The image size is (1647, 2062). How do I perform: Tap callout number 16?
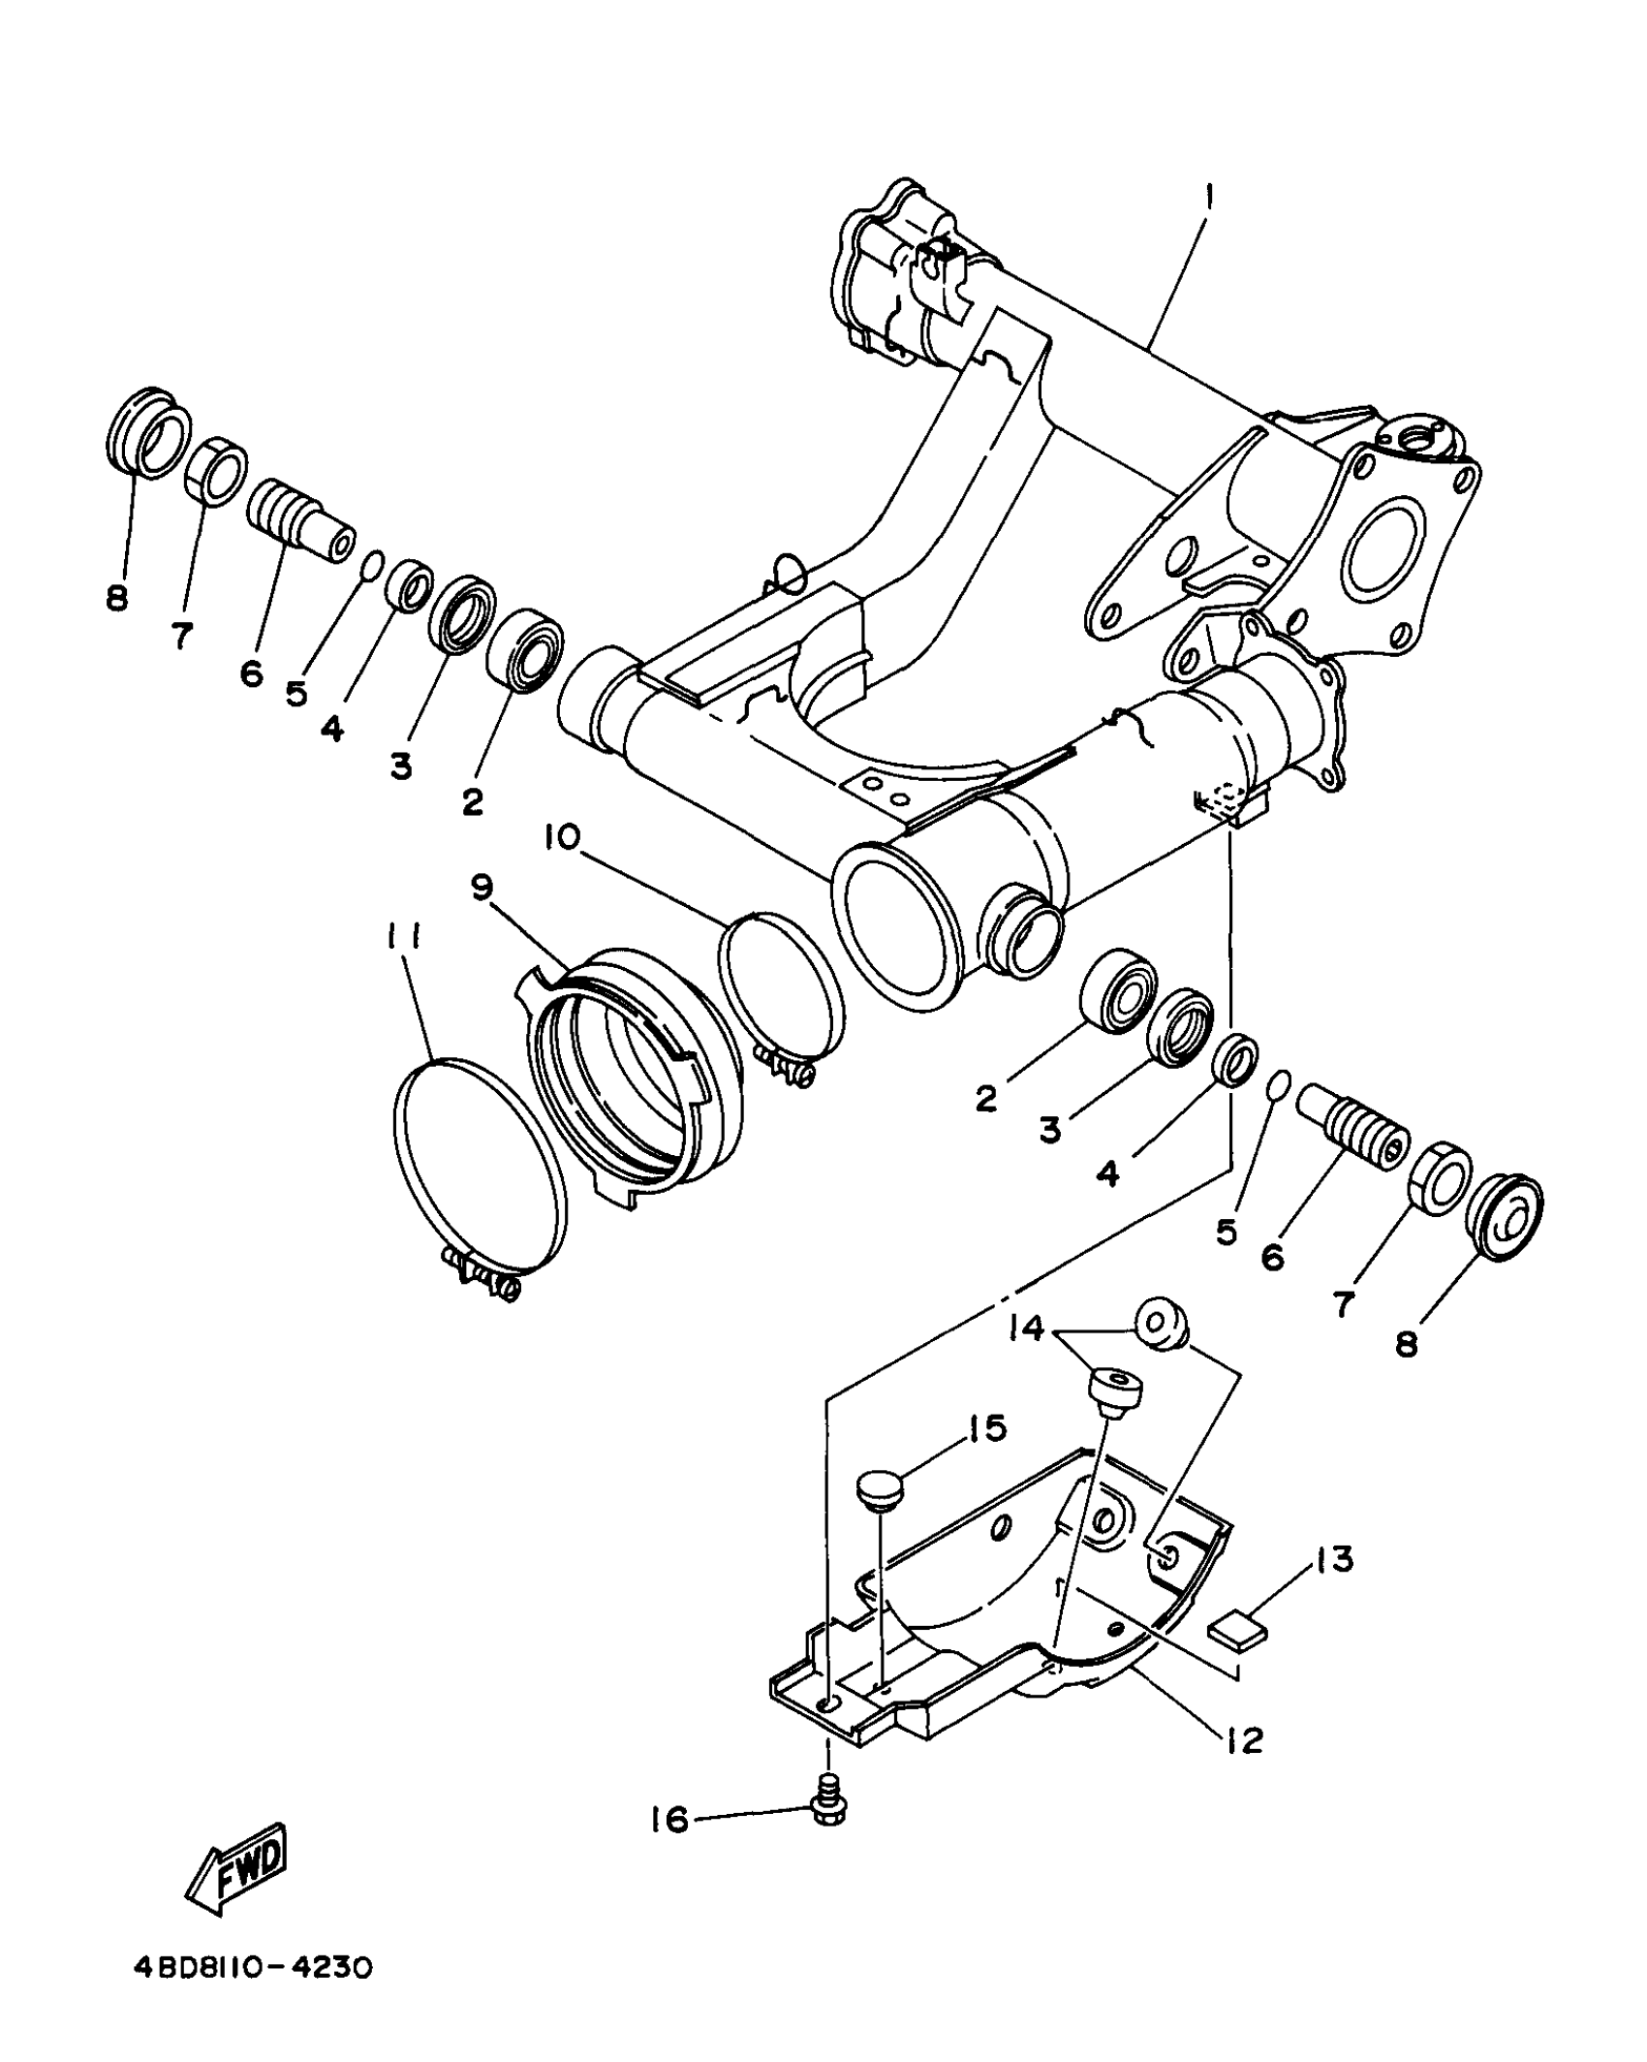point(669,1820)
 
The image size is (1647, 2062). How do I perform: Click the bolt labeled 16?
point(826,1810)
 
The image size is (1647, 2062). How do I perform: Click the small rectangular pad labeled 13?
point(1237,1630)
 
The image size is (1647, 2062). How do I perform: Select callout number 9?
point(482,886)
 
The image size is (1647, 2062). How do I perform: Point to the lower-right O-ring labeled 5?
point(1279,1081)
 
